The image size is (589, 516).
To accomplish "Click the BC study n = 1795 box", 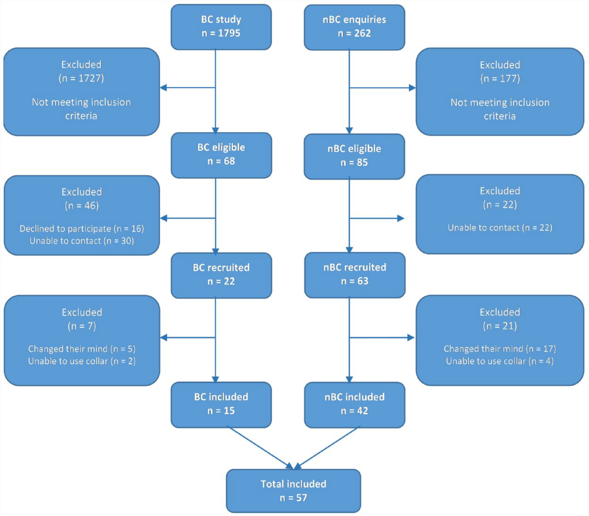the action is pyautogui.click(x=221, y=27).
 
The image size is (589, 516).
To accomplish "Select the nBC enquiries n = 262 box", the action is pyautogui.click(x=355, y=27).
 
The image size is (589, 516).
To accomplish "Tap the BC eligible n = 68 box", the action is pyautogui.click(x=221, y=155).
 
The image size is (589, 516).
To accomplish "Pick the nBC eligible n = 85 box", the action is pyautogui.click(x=355, y=156).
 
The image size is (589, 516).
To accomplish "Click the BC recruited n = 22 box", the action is pyautogui.click(x=221, y=275).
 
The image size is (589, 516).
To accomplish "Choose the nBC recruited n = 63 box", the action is pyautogui.click(x=355, y=275).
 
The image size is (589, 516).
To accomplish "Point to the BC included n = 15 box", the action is pyautogui.click(x=221, y=405).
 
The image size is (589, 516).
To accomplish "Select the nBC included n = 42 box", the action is pyautogui.click(x=355, y=405).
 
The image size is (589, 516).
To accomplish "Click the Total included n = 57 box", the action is pyautogui.click(x=293, y=491).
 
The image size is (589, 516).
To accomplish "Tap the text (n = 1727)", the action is pyautogui.click(x=81, y=78).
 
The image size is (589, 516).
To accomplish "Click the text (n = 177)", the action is pyautogui.click(x=500, y=79).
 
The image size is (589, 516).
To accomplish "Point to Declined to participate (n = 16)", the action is pyautogui.click(x=82, y=228).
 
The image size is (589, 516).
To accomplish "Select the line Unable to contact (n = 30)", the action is pyautogui.click(x=82, y=241).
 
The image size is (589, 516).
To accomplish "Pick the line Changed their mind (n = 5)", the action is pyautogui.click(x=82, y=349).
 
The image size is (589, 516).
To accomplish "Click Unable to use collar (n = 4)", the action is pyautogui.click(x=500, y=361).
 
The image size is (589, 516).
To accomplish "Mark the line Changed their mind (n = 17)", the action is pyautogui.click(x=500, y=349).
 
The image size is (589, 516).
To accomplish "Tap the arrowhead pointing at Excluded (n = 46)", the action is pyautogui.click(x=163, y=218).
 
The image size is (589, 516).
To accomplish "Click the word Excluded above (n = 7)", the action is pyautogui.click(x=82, y=312).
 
